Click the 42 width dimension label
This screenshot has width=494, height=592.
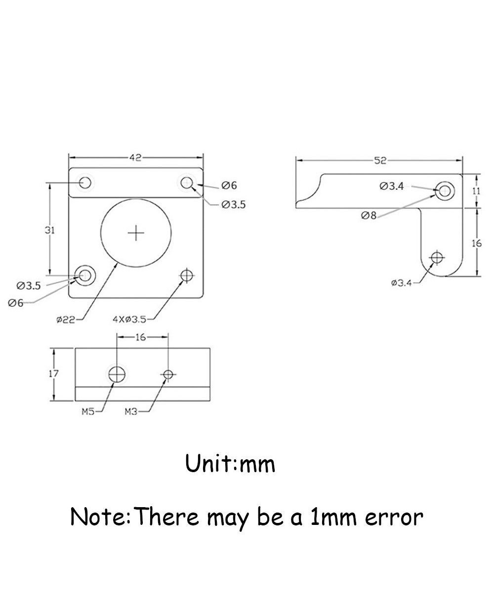tap(135, 158)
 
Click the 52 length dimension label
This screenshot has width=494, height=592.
tap(380, 160)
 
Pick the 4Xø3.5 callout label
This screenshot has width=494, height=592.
tap(129, 319)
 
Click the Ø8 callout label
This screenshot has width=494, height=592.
tap(369, 215)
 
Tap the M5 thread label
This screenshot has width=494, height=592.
tap(88, 411)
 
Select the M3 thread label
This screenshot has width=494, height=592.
tap(130, 411)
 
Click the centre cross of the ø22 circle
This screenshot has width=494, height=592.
tap(136, 233)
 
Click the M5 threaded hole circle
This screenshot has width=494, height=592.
tap(117, 374)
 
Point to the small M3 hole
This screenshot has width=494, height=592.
tap(168, 375)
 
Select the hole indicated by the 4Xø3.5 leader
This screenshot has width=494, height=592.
tap(186, 275)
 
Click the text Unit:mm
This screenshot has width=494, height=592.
tap(230, 464)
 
